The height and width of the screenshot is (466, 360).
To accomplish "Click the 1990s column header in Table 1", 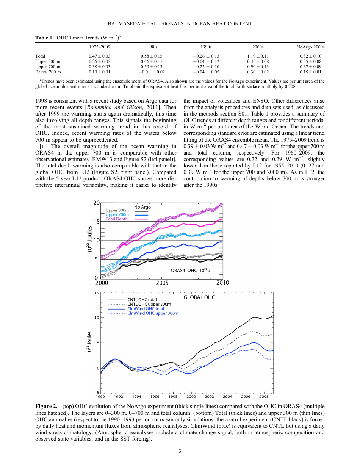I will point(206,47).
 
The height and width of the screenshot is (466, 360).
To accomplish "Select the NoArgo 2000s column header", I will point(310,47).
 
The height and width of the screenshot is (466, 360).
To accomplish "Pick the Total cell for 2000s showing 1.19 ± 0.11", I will point(258,56).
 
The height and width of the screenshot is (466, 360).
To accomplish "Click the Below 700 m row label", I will point(48,72).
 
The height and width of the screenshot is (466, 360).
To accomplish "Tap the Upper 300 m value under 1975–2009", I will point(100,61).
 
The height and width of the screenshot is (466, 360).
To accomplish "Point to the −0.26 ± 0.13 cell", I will point(206,56).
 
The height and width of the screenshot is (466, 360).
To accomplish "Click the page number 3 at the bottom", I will point(180,451).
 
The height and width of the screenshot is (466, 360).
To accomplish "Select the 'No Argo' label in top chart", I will point(142,207).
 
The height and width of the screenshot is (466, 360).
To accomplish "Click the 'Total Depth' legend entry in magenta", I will point(116,219).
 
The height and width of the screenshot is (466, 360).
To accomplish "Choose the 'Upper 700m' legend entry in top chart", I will point(117,214).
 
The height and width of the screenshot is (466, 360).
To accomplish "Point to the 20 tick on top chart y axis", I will point(97,203).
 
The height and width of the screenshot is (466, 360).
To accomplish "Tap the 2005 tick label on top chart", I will point(162,283).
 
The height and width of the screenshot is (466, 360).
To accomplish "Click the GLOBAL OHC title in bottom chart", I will point(199,297).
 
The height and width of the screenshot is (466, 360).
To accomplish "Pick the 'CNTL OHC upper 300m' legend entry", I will point(149,304).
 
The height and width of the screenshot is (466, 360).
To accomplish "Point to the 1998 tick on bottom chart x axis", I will point(173,397).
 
